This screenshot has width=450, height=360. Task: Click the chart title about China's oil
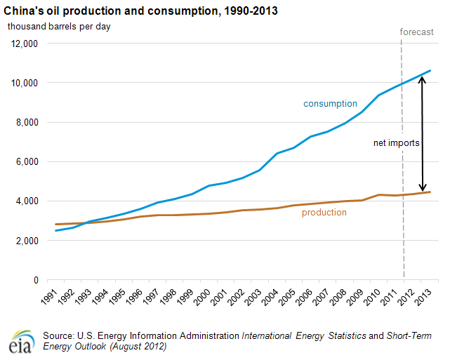[x=141, y=12]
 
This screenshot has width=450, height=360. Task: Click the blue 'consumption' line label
[x=330, y=104]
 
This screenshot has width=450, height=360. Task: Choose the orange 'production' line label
[x=324, y=212]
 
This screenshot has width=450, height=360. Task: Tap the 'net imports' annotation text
[x=397, y=142]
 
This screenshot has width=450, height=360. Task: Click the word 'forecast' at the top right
[x=417, y=32]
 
